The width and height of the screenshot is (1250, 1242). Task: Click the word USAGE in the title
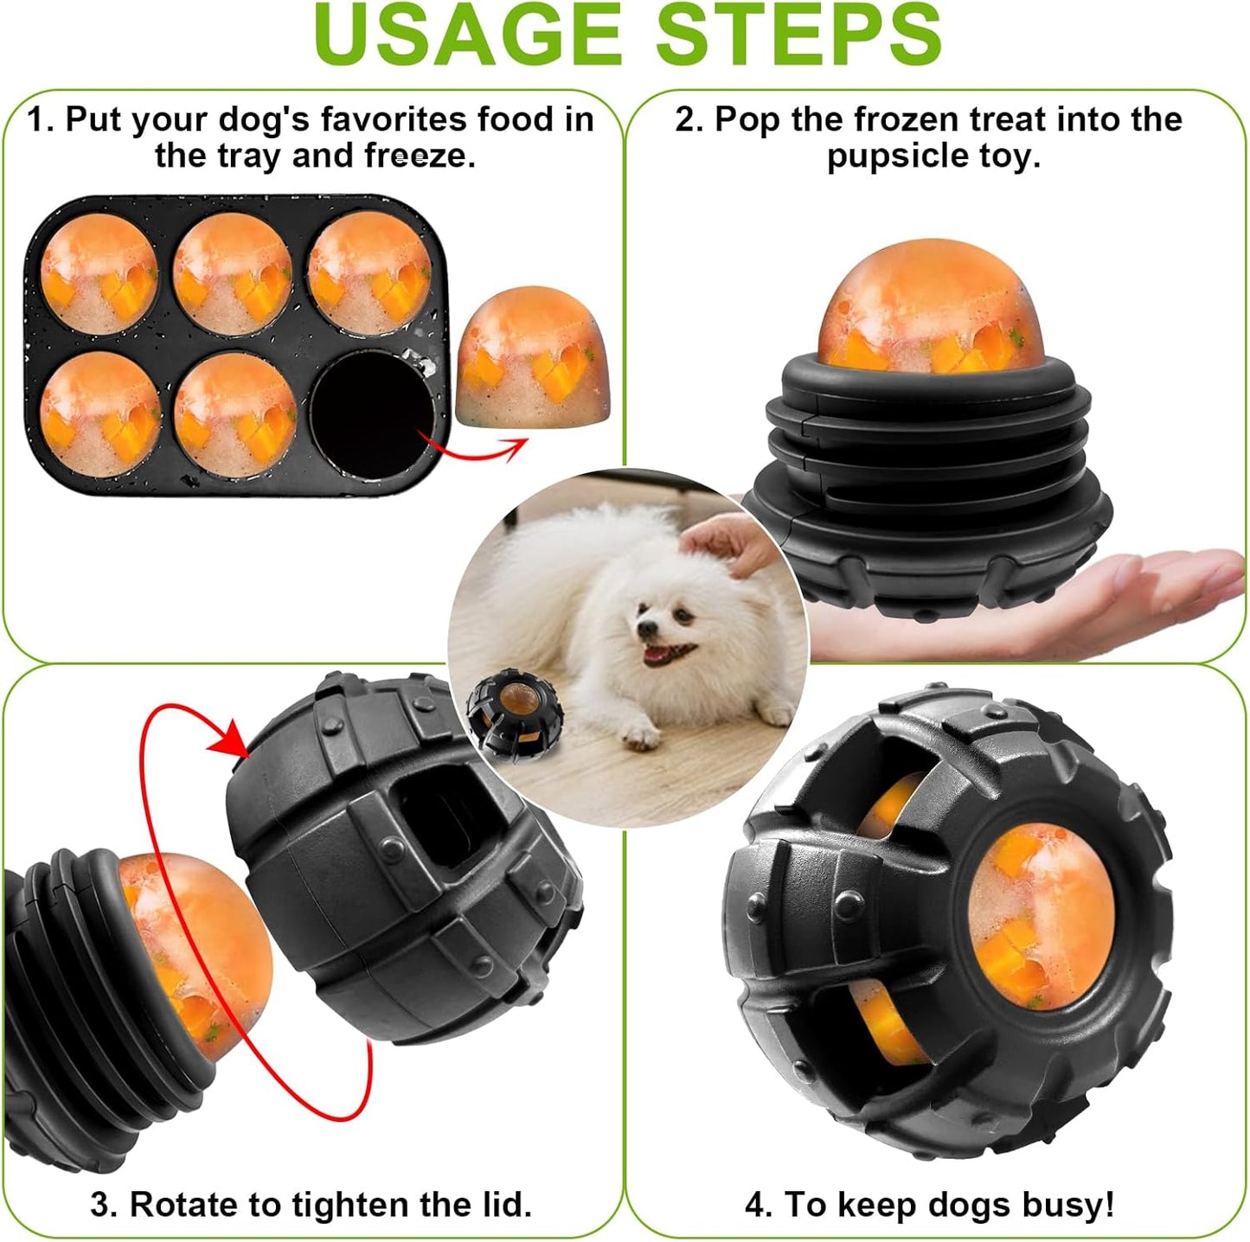[x=467, y=35]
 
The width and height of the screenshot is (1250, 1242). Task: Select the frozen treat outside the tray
[x=532, y=357]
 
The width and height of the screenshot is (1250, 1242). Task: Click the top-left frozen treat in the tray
[x=99, y=272]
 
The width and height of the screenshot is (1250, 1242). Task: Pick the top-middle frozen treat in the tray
[x=233, y=272]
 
